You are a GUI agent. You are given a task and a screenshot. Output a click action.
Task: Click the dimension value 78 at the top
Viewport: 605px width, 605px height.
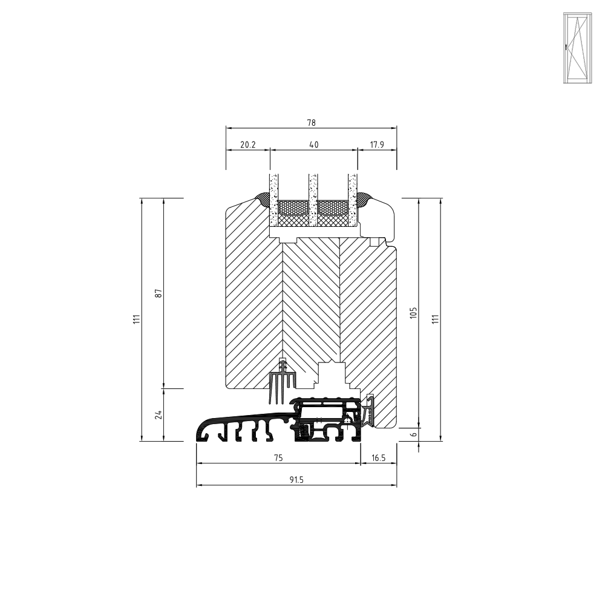coord(311,123)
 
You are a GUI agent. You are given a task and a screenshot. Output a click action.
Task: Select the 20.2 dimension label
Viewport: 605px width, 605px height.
coord(247,145)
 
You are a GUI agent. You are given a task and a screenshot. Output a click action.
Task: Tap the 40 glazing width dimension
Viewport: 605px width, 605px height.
coord(314,145)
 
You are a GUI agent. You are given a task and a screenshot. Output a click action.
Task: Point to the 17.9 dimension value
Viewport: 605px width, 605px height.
coord(377,145)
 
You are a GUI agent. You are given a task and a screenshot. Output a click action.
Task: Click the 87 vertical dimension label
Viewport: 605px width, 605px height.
coord(158,293)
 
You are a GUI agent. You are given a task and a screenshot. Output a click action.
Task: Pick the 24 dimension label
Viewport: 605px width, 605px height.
coord(158,415)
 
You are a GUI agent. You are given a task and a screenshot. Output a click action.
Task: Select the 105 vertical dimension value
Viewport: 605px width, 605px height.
coord(414,313)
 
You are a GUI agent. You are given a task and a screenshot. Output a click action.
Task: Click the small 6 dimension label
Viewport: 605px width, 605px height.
coord(414,434)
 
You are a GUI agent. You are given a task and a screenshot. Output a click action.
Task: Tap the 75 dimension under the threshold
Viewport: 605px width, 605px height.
coord(278,458)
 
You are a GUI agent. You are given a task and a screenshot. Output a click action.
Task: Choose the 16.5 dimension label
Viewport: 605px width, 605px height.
coord(379,458)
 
